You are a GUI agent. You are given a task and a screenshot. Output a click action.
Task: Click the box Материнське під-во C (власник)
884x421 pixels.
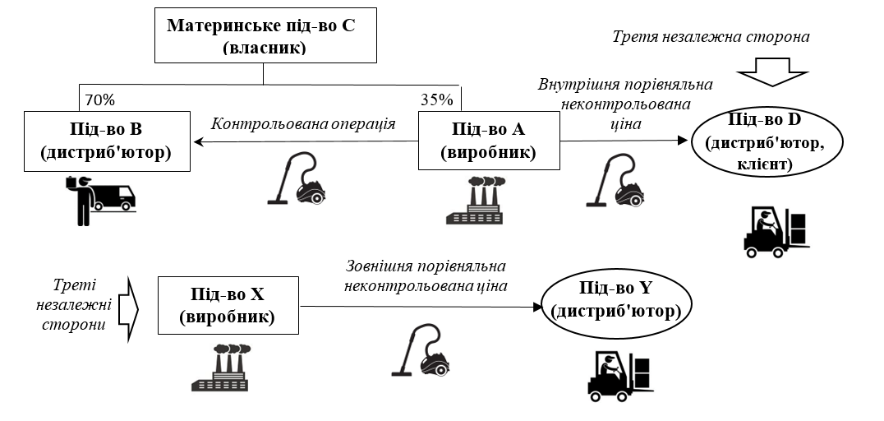(x=263, y=36)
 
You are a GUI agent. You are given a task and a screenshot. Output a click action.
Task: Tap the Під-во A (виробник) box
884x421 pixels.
(x=488, y=141)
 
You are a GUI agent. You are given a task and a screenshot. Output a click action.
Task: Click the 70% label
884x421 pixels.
(x=99, y=100)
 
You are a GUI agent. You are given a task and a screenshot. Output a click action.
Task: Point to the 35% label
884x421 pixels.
(x=436, y=100)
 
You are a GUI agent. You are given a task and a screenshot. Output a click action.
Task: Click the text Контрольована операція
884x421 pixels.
(x=303, y=124)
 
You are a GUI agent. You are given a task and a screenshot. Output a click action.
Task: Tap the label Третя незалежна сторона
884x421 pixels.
(x=711, y=37)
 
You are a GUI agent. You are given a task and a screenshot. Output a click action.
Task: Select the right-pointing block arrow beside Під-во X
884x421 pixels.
(x=130, y=309)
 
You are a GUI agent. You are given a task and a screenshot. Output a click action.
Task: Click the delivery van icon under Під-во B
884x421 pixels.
(x=99, y=197)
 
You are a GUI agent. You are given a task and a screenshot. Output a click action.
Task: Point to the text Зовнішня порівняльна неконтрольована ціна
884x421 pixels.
(x=425, y=276)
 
